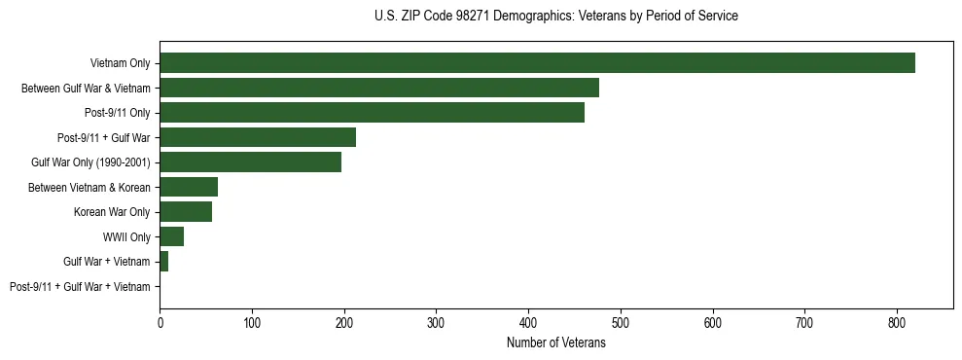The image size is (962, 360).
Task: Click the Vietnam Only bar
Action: [x=537, y=63]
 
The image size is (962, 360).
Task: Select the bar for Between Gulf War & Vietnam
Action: [x=379, y=88]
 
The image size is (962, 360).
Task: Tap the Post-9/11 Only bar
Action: [x=372, y=113]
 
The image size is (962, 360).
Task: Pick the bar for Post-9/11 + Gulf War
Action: [x=258, y=137]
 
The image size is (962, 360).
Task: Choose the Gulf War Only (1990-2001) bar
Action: [x=250, y=162]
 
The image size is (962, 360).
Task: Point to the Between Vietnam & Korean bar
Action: [x=189, y=187]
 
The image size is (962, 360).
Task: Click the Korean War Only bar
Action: [x=186, y=212]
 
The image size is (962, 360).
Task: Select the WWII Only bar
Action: [x=172, y=236]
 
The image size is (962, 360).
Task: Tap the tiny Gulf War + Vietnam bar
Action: [x=164, y=262]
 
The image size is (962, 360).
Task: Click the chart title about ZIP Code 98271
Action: [x=555, y=17]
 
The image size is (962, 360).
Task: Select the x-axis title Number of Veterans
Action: [x=555, y=343]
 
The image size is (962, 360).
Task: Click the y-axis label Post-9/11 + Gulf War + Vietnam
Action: [x=80, y=287]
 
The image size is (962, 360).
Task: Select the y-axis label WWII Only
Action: [x=126, y=237]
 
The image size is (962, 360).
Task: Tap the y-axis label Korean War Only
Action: [x=112, y=212]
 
